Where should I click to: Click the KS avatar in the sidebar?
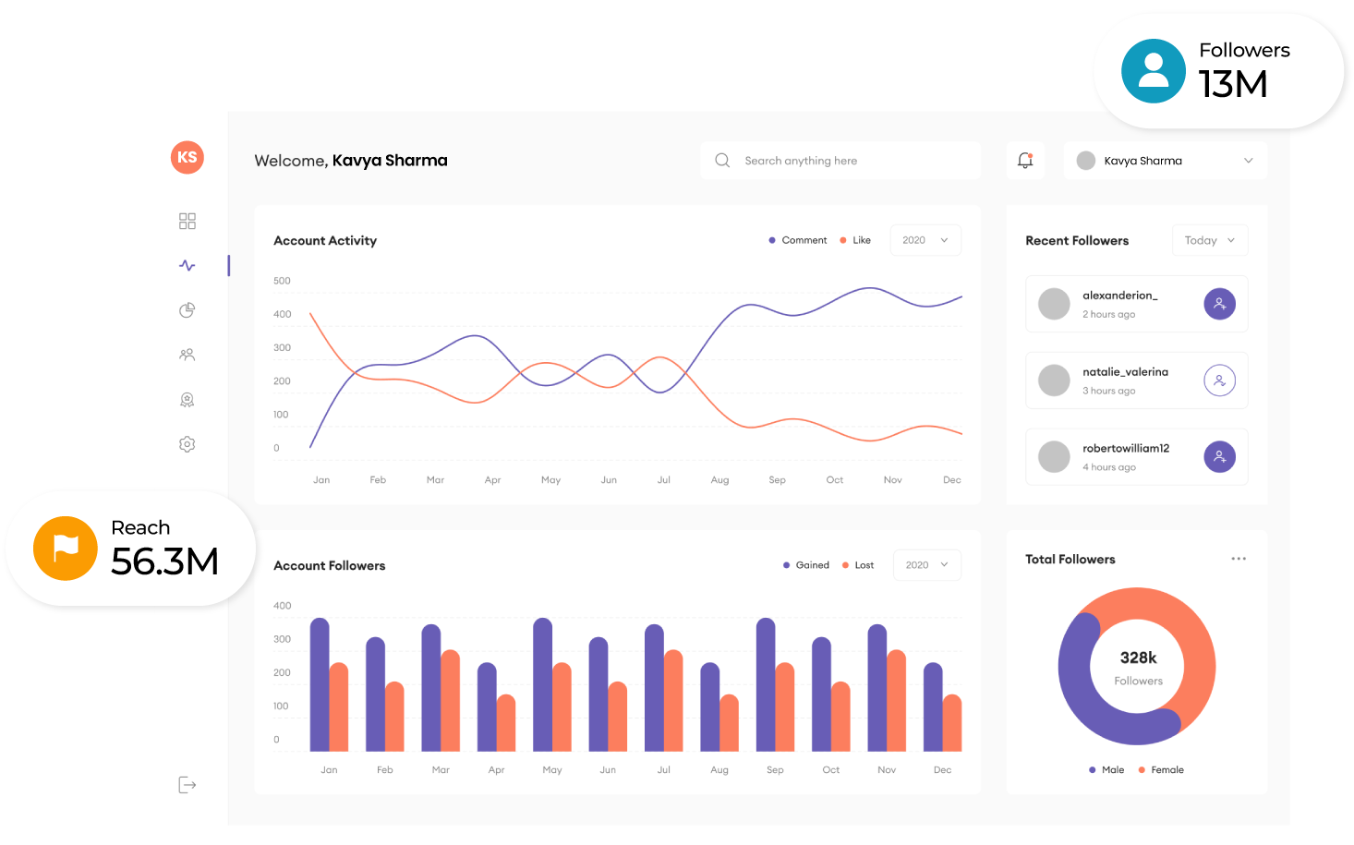pos(187,157)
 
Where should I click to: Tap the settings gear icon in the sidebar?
pos(187,444)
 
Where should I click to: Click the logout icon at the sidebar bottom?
pos(187,785)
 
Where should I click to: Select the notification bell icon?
pos(1025,160)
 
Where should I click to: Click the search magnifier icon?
pos(722,161)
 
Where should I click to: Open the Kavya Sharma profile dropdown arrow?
pos(1248,161)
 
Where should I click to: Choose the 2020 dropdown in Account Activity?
pos(925,240)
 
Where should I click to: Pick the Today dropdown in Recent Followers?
pos(1209,240)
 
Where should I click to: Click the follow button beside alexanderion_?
pos(1219,304)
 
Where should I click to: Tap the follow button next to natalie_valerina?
pos(1219,380)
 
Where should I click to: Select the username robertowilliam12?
pos(1126,449)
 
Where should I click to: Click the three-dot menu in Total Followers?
pos(1239,559)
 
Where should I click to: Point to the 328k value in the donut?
pos(1138,658)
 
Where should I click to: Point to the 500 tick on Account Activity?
pos(282,281)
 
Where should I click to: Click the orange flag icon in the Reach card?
pos(66,549)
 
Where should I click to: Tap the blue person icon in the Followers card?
pos(1154,71)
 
